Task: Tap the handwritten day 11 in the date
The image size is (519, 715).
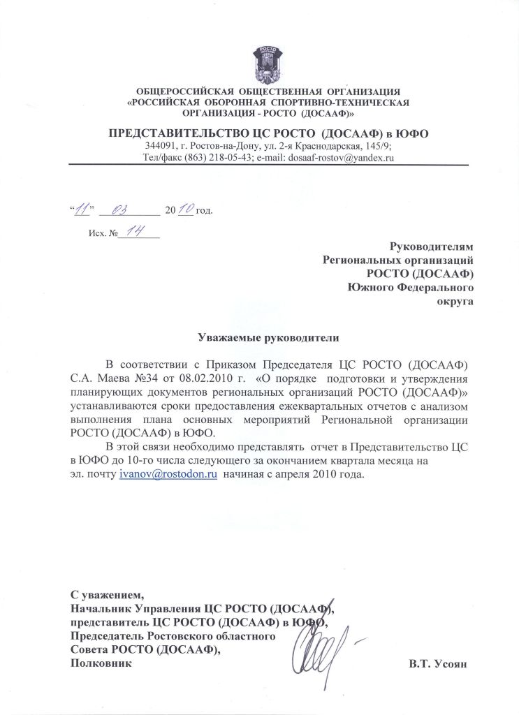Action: pyautogui.click(x=82, y=208)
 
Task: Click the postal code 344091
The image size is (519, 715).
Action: pyautogui.click(x=162, y=145)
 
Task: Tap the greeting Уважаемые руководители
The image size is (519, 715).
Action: pyautogui.click(x=269, y=338)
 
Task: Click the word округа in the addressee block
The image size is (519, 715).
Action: pyautogui.click(x=455, y=301)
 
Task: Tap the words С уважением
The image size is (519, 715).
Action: pyautogui.click(x=107, y=595)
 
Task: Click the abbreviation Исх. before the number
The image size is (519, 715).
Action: pyautogui.click(x=97, y=234)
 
